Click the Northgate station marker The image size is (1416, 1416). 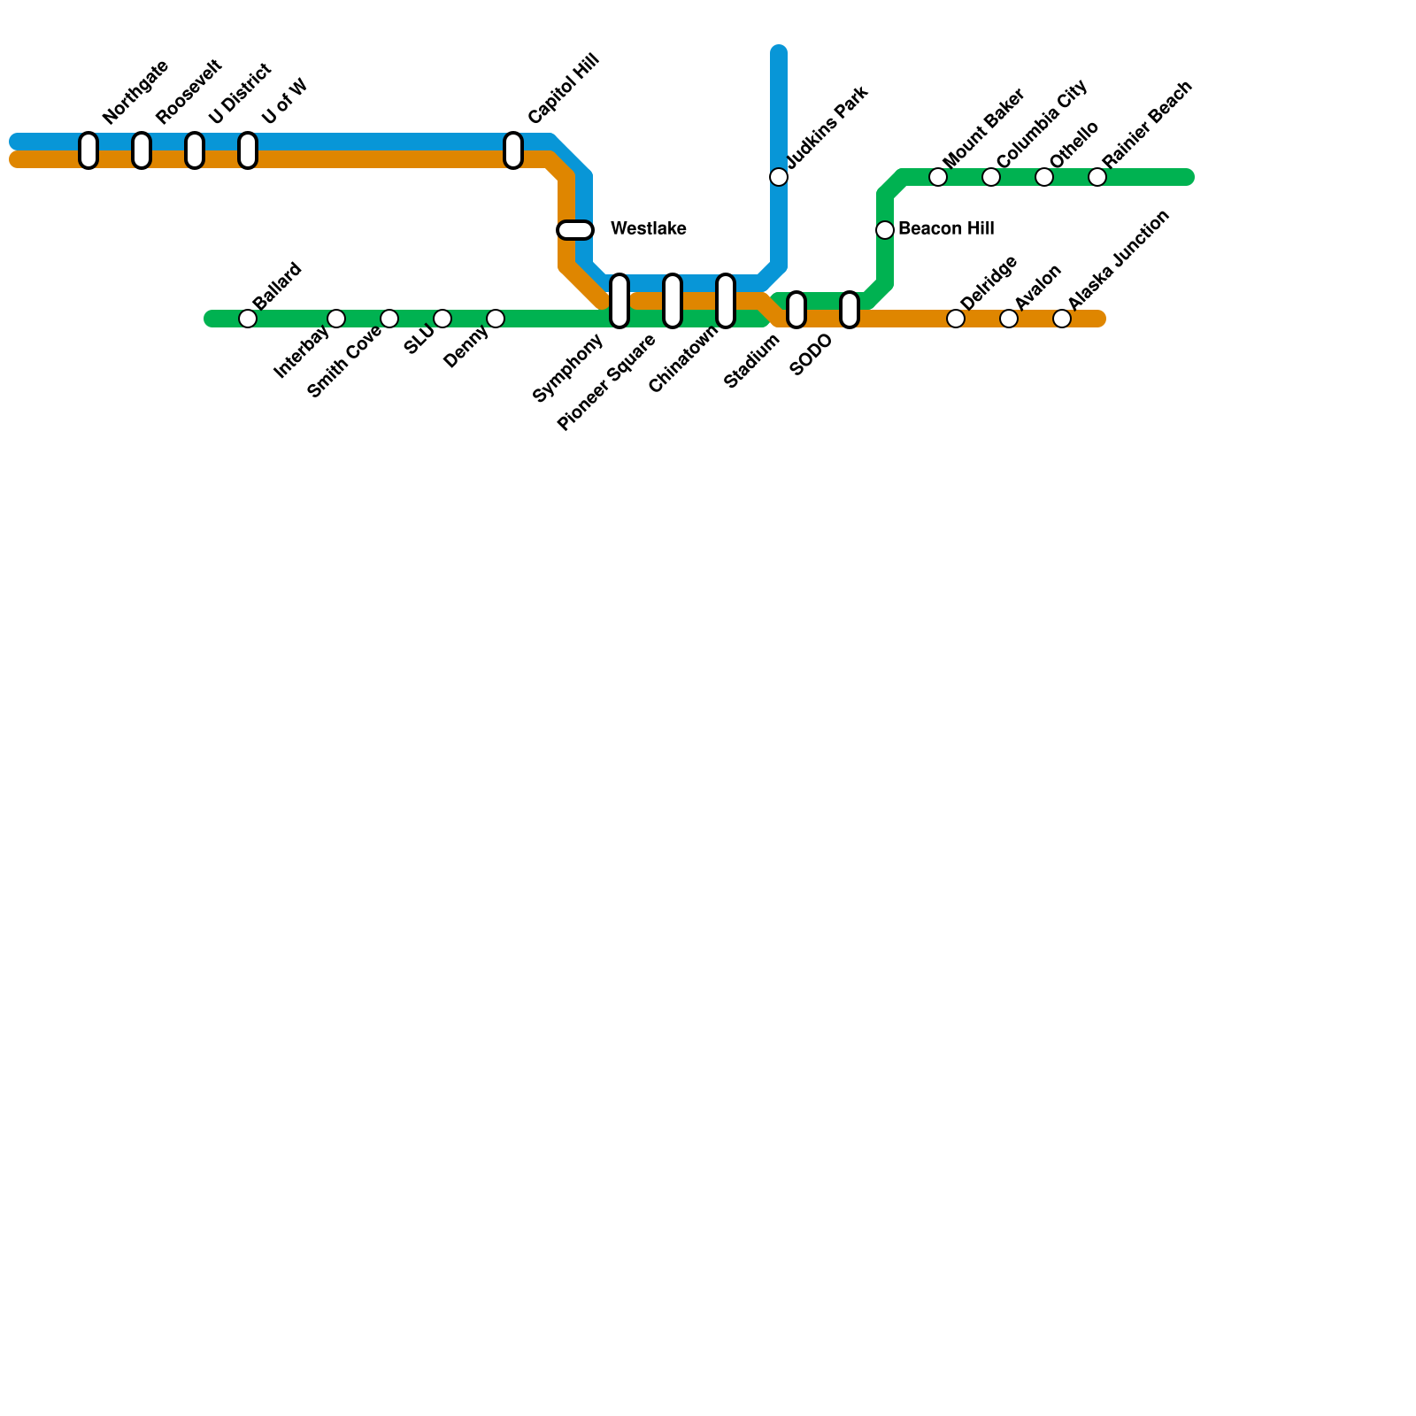(x=88, y=150)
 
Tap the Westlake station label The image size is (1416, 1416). (x=648, y=229)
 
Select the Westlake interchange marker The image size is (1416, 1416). (x=575, y=230)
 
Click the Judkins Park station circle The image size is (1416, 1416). (x=779, y=177)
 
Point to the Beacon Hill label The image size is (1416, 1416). (x=946, y=229)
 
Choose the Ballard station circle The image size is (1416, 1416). (x=248, y=319)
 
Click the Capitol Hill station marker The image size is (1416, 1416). (x=513, y=150)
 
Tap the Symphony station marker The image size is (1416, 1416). (x=619, y=301)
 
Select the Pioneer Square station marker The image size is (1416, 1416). (x=673, y=301)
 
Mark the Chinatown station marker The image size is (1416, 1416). (x=726, y=301)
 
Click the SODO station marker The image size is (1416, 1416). (x=850, y=310)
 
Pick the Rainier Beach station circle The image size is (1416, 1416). (x=1097, y=177)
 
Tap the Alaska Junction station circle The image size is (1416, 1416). (x=1062, y=319)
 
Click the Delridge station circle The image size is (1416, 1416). (x=956, y=319)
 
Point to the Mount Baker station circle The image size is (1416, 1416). (x=938, y=177)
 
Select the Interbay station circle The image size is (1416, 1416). (x=336, y=319)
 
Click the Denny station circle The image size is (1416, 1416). (x=496, y=319)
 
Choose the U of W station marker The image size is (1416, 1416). (x=248, y=150)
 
